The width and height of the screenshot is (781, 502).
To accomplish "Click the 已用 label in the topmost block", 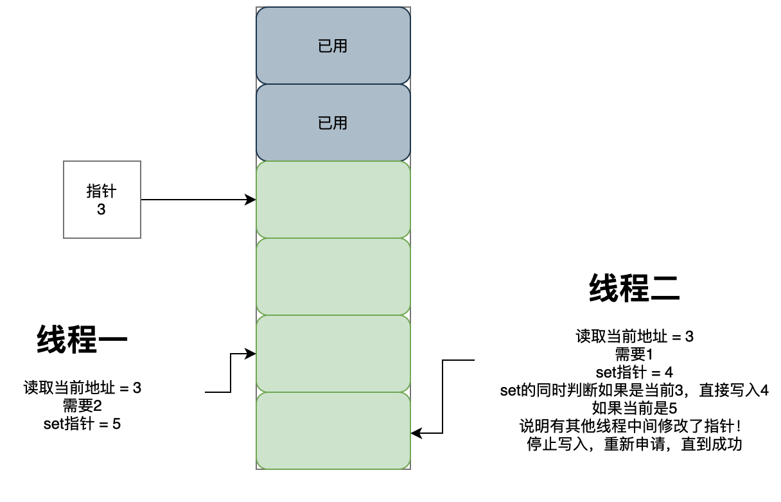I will [333, 46].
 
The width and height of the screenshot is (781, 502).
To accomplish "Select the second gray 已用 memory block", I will [333, 123].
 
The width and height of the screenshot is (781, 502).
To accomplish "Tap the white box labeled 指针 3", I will [101, 200].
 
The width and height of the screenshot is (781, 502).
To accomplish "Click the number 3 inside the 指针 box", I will [101, 209].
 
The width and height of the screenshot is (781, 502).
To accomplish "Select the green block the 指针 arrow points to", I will [333, 200].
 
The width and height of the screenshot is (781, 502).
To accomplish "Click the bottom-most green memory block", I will [333, 431].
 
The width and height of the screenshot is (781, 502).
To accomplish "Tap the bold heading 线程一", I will [82, 340].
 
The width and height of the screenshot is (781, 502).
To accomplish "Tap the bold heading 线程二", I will [634, 288].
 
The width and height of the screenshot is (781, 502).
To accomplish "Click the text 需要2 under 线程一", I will [82, 406].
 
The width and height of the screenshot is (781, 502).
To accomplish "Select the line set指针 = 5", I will [82, 424].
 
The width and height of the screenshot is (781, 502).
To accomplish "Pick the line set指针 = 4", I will [634, 372].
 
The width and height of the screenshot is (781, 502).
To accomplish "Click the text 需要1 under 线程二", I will [634, 354].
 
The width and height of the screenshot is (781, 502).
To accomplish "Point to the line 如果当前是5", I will [634, 408].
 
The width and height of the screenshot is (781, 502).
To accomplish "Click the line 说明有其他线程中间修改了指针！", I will [634, 426].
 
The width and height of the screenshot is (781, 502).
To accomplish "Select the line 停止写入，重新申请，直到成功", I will [634, 444].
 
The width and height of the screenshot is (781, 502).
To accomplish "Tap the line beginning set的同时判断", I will [634, 390].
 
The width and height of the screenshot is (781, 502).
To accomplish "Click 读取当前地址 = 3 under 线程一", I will [82, 388].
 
